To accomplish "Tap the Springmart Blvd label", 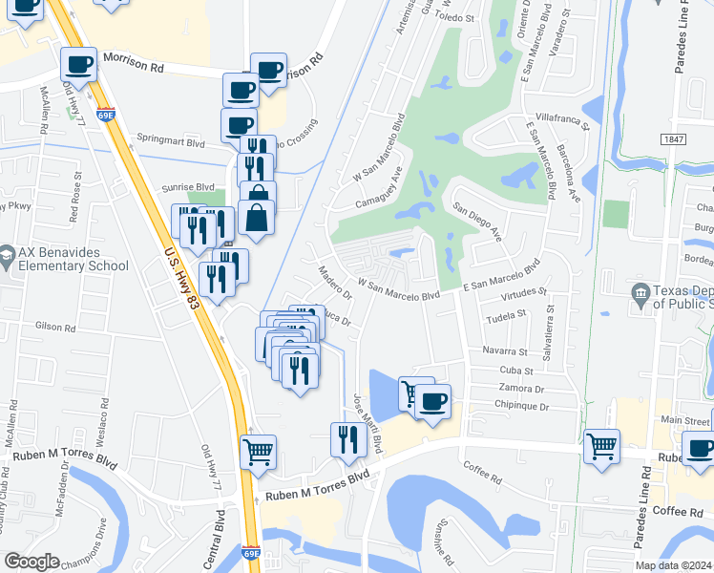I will coord(171,142).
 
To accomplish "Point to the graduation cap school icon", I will coord(7,257).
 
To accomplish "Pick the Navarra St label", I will coord(506,351).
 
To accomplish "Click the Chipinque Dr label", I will coord(523,407).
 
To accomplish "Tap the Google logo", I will coord(31,562).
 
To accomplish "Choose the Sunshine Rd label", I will coord(444,541).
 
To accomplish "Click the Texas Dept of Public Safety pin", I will coord(641,290).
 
